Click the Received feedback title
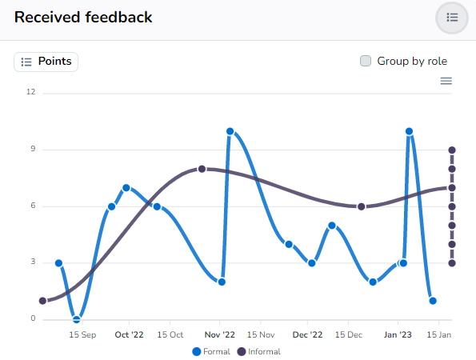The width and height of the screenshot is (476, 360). [x=83, y=17]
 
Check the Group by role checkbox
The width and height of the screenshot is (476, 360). [x=366, y=61]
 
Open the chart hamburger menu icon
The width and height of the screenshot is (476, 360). [x=446, y=81]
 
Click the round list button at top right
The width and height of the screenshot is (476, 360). [x=452, y=18]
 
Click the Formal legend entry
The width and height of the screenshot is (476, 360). [x=212, y=351]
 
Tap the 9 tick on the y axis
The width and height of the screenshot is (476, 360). [x=33, y=149]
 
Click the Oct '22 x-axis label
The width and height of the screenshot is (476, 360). [x=129, y=335]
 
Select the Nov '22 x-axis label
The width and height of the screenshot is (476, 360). [x=219, y=335]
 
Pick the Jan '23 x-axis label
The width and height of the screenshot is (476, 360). [x=398, y=335]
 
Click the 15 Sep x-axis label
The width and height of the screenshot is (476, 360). [x=82, y=335]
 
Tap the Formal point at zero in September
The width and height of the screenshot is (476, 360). [x=77, y=319]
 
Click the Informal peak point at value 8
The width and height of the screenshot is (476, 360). [x=202, y=169]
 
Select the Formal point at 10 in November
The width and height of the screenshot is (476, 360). [x=230, y=131]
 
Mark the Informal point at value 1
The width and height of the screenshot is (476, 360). [x=42, y=301]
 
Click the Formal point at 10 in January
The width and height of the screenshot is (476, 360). [x=409, y=131]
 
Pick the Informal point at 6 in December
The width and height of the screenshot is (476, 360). [x=362, y=206]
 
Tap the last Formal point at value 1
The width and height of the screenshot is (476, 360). [x=432, y=301]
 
